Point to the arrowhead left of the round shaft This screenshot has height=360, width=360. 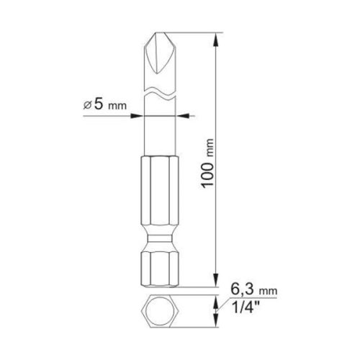(x=140, y=113)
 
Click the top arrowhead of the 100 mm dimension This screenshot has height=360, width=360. (x=217, y=37)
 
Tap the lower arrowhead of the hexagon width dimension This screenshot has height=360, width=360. (x=217, y=321)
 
